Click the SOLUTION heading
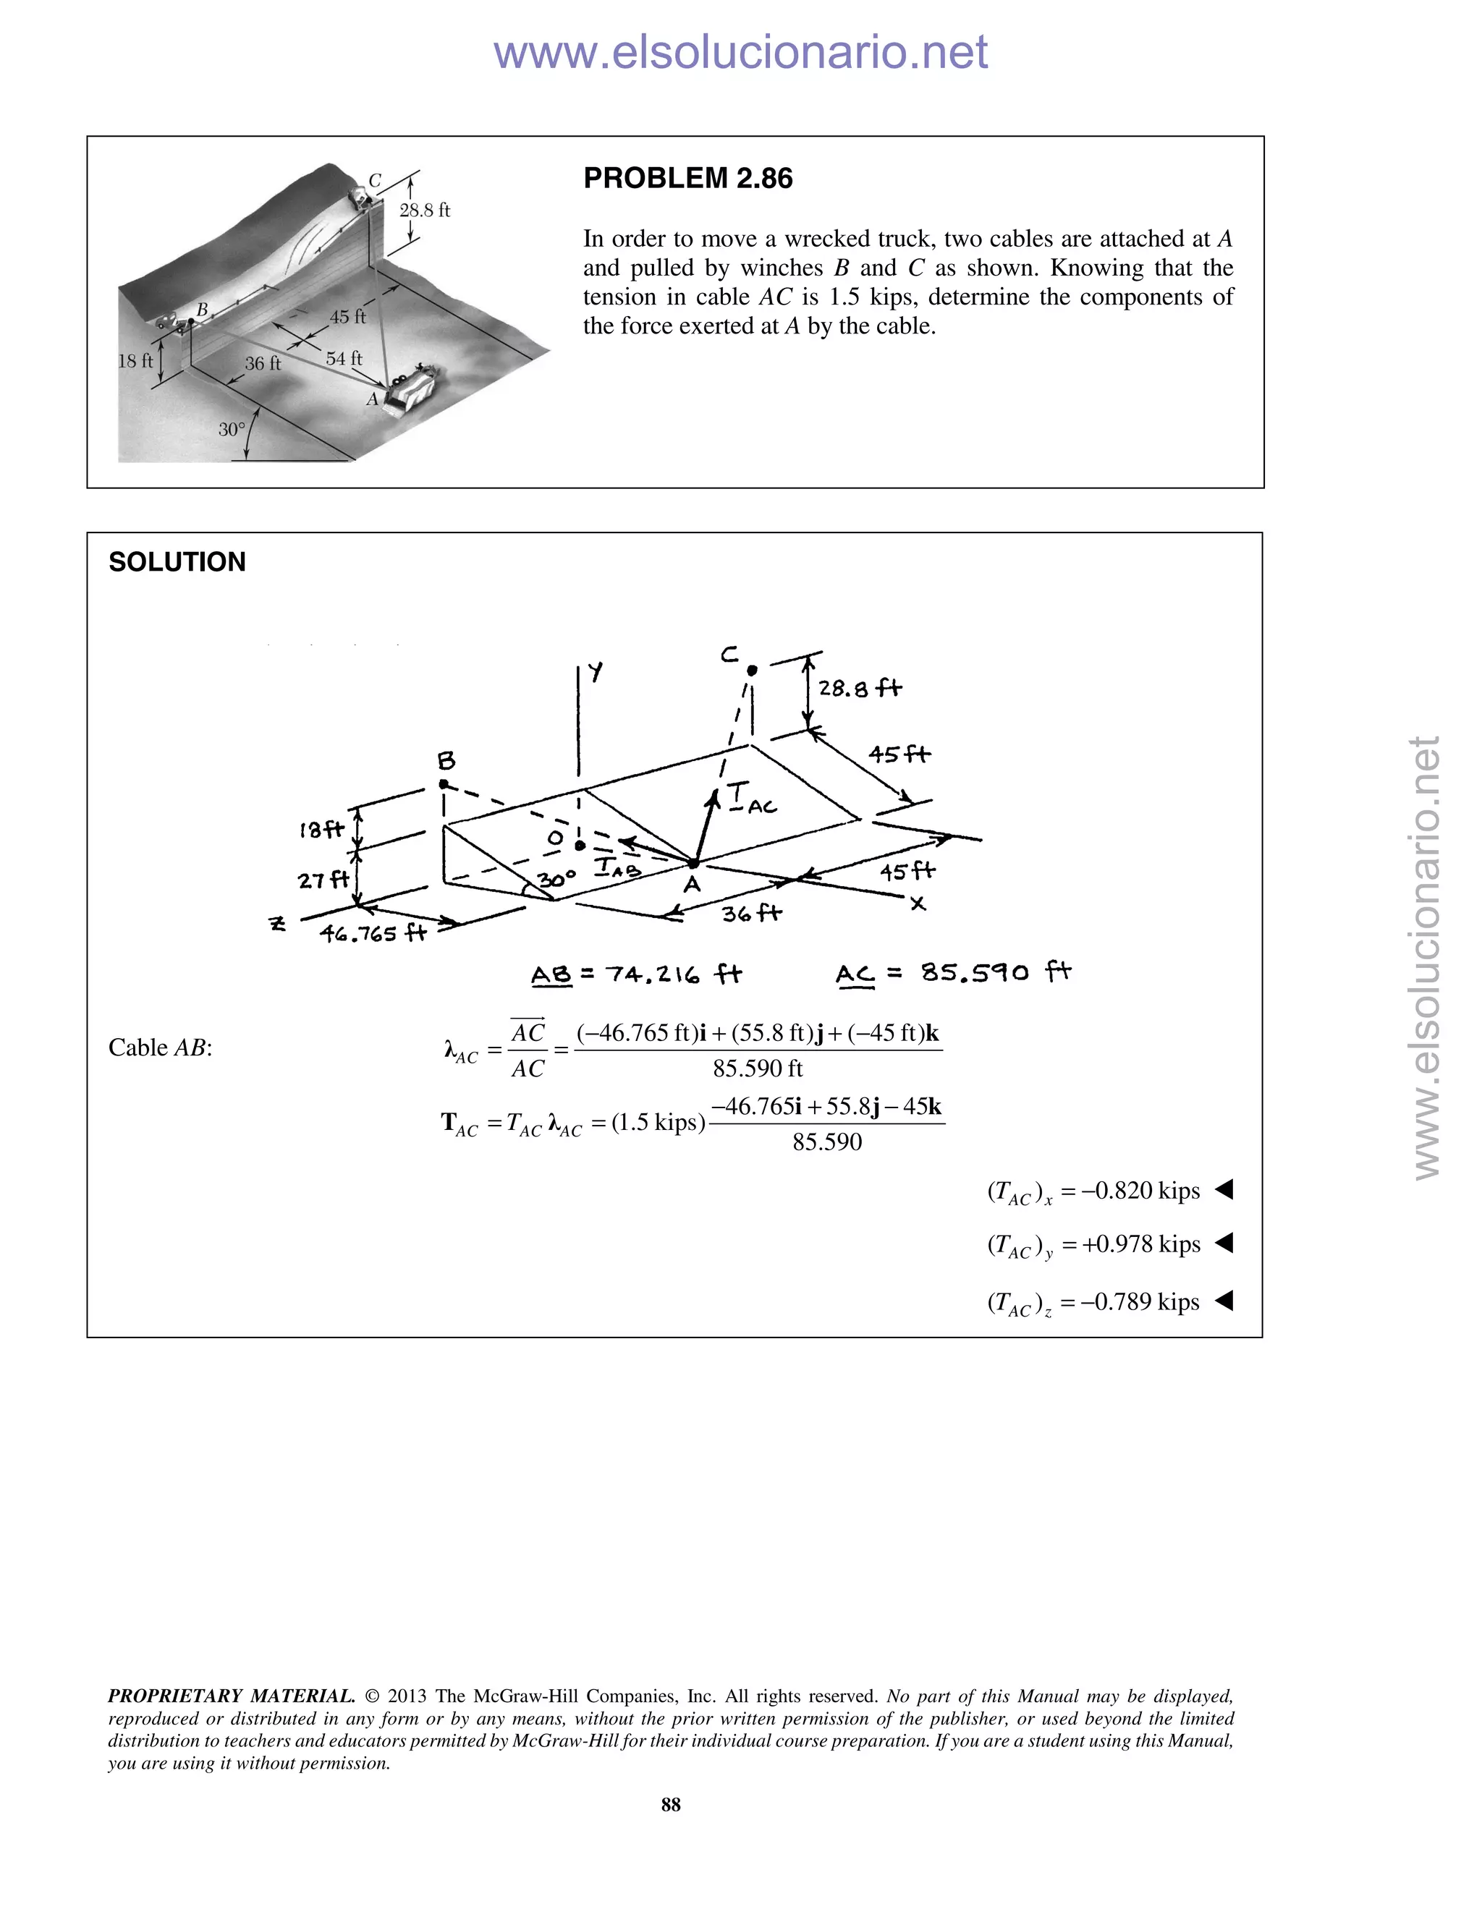pyautogui.click(x=177, y=562)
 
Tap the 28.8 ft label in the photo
pyautogui.click(x=424, y=211)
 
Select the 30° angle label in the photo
pyautogui.click(x=232, y=429)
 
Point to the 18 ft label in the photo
pyautogui.click(x=135, y=361)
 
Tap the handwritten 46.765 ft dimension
pyautogui.click(x=372, y=933)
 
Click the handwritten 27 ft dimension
pyautogui.click(x=323, y=879)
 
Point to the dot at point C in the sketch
pyautogui.click(x=752, y=671)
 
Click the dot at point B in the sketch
pyautogui.click(x=444, y=784)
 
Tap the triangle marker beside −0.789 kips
pyautogui.click(x=1224, y=1301)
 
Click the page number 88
pyautogui.click(x=671, y=1803)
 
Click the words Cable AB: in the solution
pyautogui.click(x=160, y=1047)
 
